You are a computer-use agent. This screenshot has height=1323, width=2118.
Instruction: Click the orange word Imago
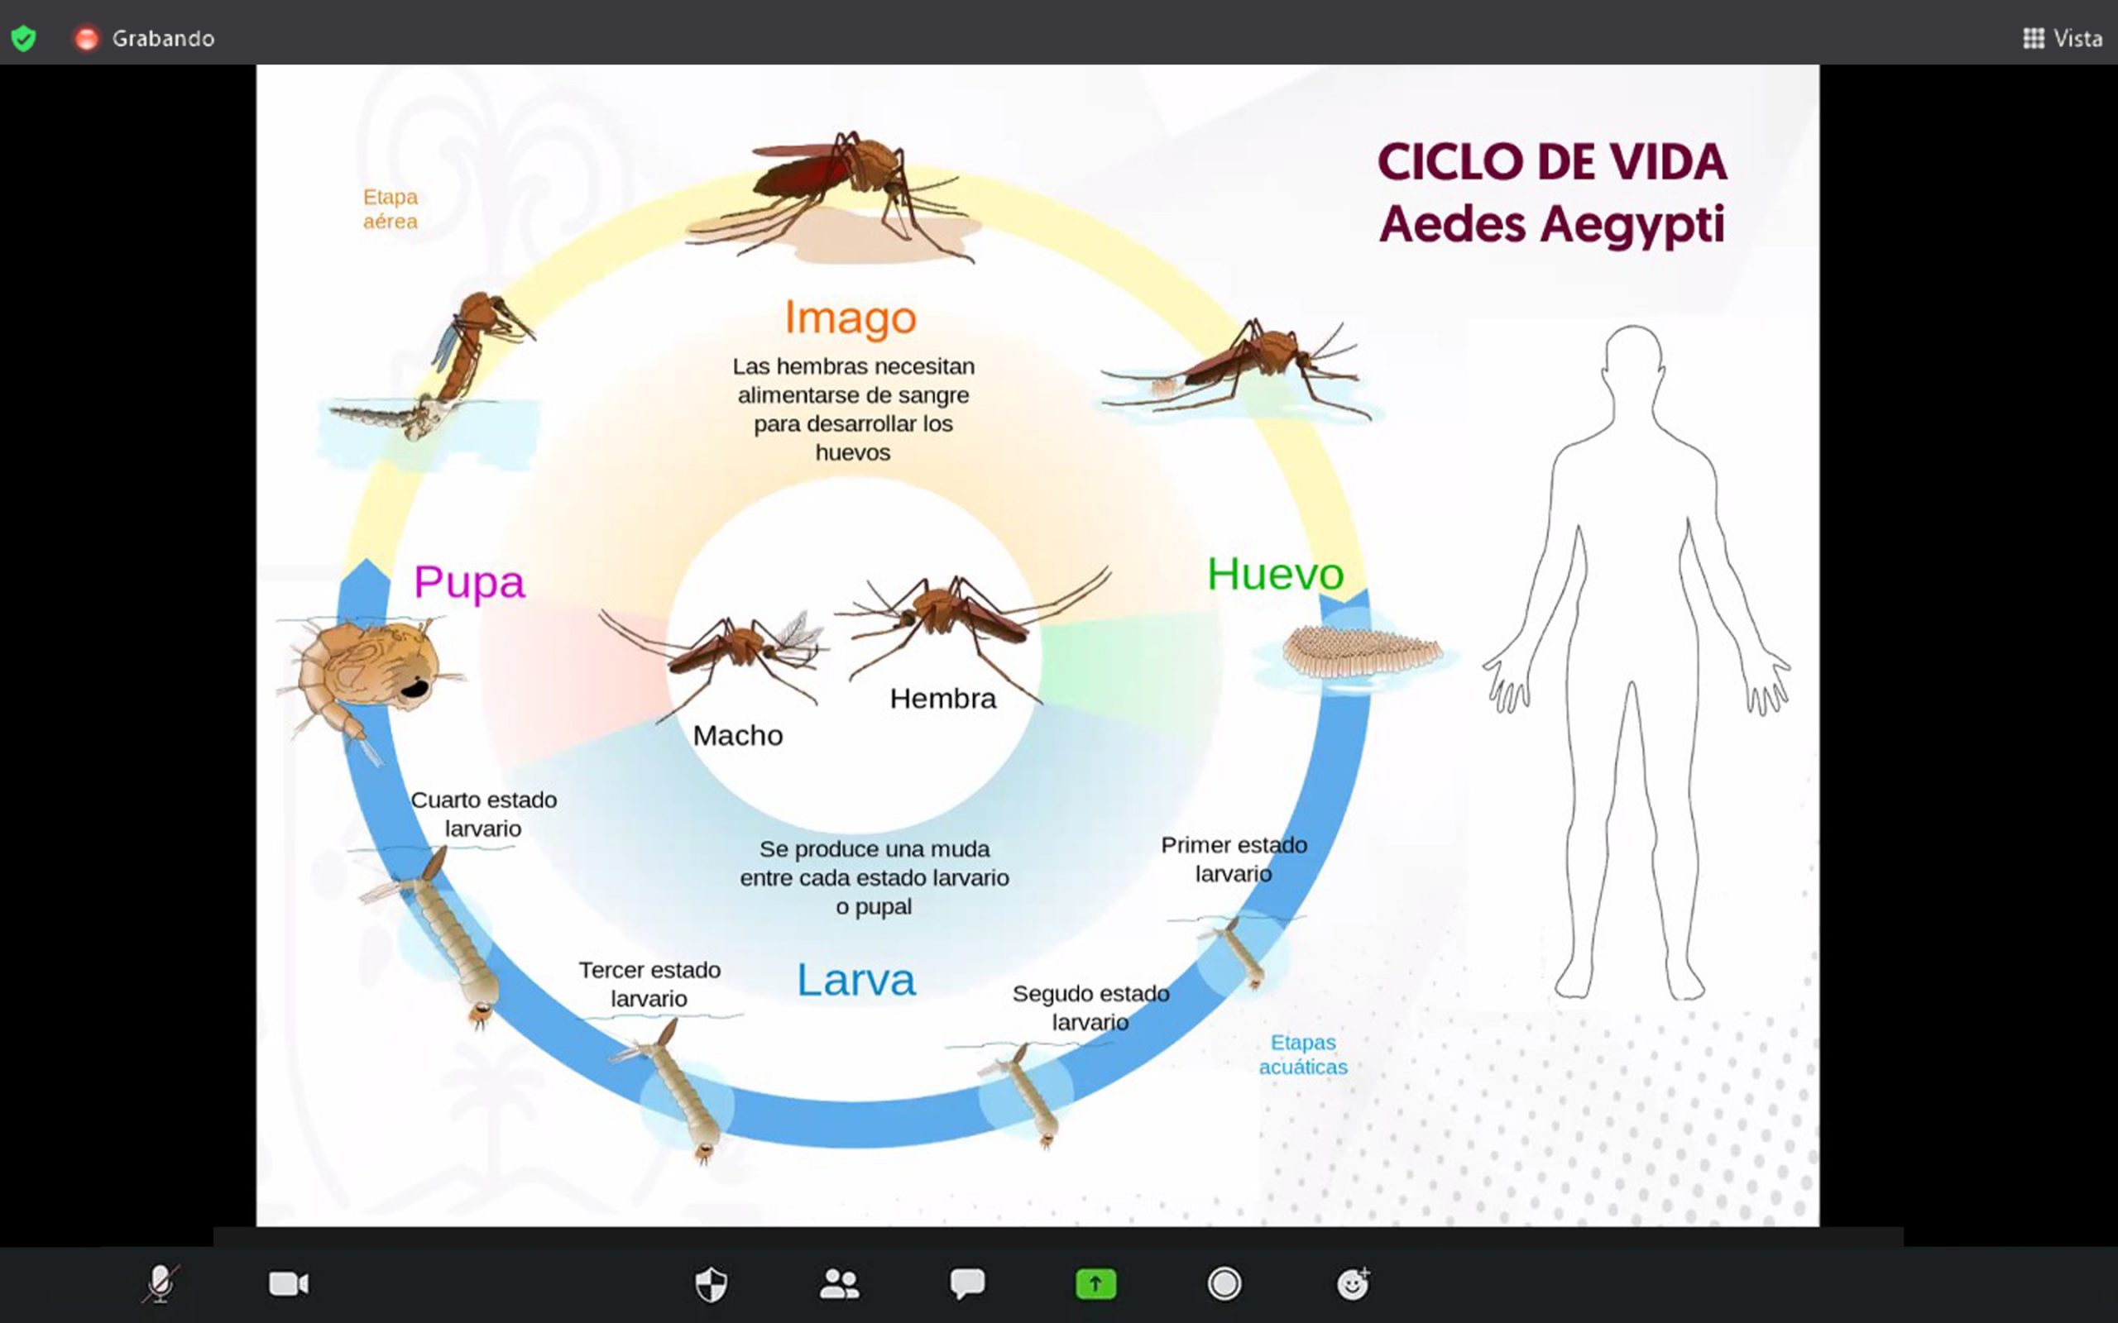click(850, 318)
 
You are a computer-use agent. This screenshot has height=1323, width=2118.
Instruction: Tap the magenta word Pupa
click(469, 582)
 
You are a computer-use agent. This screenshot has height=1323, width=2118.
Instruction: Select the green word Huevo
click(1275, 574)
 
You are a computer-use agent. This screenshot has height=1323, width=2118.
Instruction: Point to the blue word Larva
click(856, 979)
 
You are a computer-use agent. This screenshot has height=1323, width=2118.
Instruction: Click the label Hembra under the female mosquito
click(942, 698)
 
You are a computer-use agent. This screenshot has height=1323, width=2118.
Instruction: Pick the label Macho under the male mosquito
click(738, 735)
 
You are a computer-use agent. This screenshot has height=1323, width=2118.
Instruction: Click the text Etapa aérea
click(391, 209)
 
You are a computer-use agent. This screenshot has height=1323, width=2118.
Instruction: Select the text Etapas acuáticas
click(1303, 1054)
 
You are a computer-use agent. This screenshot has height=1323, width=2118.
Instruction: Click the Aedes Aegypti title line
click(1552, 224)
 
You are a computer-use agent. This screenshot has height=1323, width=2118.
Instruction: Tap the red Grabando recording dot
click(86, 39)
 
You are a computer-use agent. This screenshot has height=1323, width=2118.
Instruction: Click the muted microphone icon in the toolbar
click(161, 1283)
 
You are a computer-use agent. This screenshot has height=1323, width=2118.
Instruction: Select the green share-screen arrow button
click(1095, 1283)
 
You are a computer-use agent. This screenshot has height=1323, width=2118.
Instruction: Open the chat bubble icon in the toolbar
click(967, 1283)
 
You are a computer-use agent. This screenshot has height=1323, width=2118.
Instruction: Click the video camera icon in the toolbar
click(289, 1283)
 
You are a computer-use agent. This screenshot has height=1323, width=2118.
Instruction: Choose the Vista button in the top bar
click(2062, 39)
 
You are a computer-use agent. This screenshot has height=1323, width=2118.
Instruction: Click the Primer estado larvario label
click(1234, 859)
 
